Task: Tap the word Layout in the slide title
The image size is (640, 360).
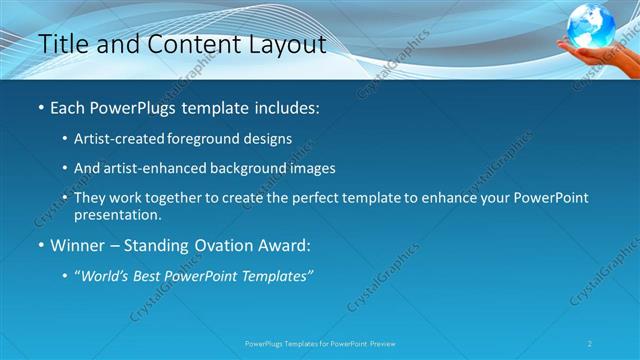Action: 281,45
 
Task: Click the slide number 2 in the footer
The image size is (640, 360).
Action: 590,343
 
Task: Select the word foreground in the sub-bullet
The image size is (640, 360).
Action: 213,139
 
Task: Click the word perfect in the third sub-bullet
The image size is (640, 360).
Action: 302,198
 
